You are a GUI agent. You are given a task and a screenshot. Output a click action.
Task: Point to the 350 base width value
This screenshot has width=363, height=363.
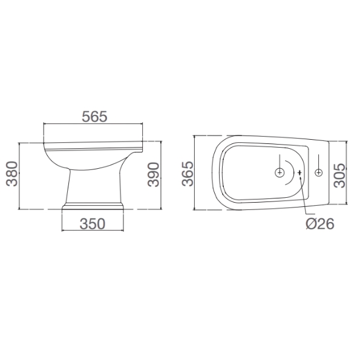(x=93, y=223)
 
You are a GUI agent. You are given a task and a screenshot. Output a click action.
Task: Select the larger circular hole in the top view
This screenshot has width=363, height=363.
(x=280, y=173)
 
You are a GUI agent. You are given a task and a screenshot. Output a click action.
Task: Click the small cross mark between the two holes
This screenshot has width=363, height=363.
(x=300, y=174)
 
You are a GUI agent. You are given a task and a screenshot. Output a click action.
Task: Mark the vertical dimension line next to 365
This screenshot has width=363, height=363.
(x=195, y=172)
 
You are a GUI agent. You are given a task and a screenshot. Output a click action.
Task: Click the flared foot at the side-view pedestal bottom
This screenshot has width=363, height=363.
(x=94, y=206)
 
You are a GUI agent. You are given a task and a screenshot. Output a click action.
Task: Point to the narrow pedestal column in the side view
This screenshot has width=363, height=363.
(x=94, y=185)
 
